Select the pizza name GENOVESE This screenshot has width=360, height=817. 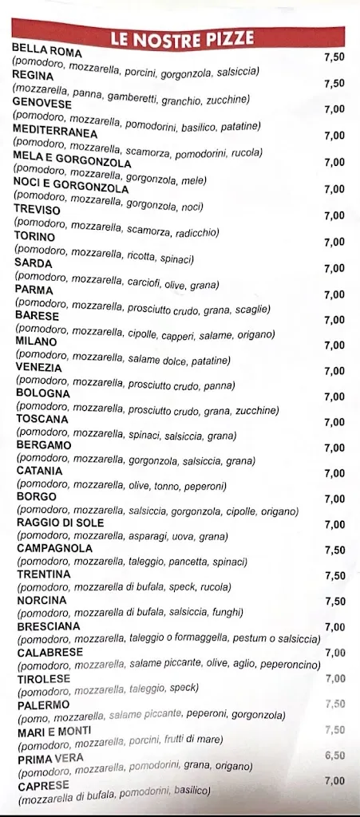tap(42, 104)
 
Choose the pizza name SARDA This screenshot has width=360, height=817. tap(34, 262)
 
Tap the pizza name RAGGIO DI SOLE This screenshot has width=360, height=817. tap(60, 523)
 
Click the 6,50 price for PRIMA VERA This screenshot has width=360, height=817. tap(335, 755)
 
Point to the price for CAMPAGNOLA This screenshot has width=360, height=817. tap(335, 551)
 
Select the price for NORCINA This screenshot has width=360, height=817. tap(335, 602)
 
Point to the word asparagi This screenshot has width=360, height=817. tap(146, 537)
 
